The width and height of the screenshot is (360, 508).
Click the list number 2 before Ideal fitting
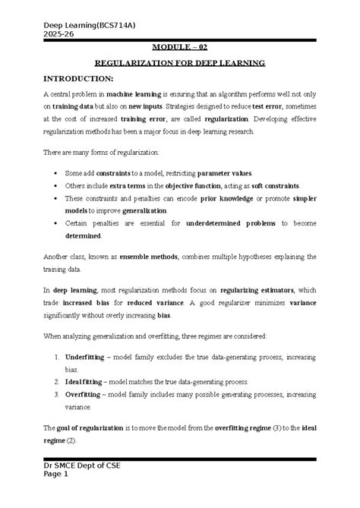(59, 381)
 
